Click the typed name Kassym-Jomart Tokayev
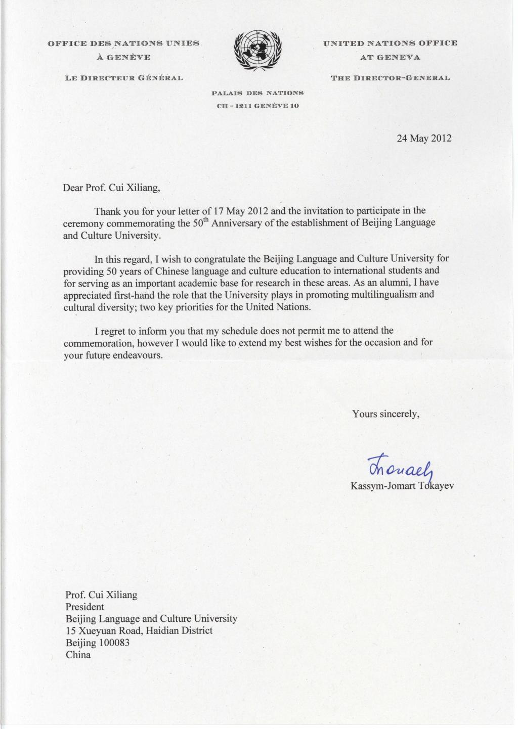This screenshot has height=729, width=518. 402,486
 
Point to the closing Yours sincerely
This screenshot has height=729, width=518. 386,414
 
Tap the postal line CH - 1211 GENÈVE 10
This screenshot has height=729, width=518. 257,106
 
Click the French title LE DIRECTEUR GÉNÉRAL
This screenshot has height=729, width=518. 123,78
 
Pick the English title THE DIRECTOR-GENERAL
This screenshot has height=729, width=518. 390,78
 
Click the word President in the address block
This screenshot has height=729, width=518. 85,607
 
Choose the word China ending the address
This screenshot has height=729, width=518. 78,655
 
